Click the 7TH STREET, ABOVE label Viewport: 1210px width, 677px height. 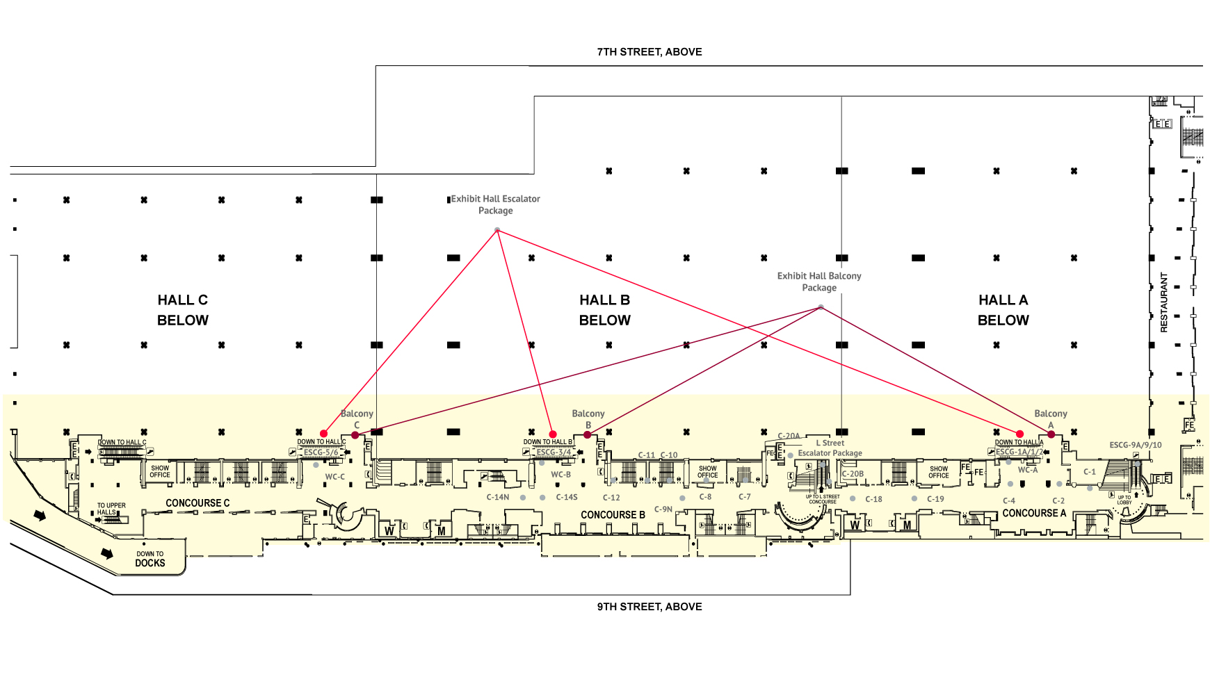pyautogui.click(x=649, y=52)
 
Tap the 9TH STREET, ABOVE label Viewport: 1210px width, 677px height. pyautogui.click(x=649, y=607)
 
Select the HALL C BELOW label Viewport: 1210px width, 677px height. pyautogui.click(x=183, y=310)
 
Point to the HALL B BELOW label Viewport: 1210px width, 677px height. pyautogui.click(x=604, y=310)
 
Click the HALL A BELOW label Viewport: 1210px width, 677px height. pyautogui.click(x=1003, y=310)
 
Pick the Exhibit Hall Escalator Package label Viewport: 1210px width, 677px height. pyautogui.click(x=495, y=205)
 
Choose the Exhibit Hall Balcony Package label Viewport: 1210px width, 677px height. pyautogui.click(x=819, y=282)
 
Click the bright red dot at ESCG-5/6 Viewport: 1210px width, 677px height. pyautogui.click(x=323, y=434)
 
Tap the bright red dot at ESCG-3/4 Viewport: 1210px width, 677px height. pyautogui.click(x=553, y=434)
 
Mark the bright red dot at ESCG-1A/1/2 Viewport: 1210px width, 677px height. pyautogui.click(x=1019, y=434)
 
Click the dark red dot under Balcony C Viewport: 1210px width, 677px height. pyautogui.click(x=355, y=435)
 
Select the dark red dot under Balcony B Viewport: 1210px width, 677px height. pyautogui.click(x=588, y=435)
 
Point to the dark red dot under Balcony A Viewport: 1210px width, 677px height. pyautogui.click(x=1051, y=434)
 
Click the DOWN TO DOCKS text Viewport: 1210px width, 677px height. pyautogui.click(x=150, y=560)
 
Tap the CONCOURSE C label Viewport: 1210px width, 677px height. pyautogui.click(x=197, y=503)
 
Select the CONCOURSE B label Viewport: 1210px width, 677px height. pyautogui.click(x=613, y=515)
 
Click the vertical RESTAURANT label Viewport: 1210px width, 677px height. pyautogui.click(x=1164, y=302)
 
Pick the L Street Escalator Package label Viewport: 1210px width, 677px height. pyautogui.click(x=830, y=448)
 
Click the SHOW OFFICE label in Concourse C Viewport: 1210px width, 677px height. pyautogui.click(x=160, y=471)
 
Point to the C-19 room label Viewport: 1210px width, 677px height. pyautogui.click(x=935, y=499)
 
